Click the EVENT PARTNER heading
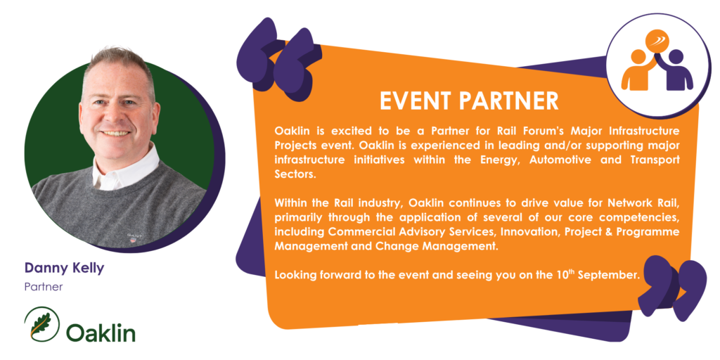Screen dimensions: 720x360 [x=469, y=101]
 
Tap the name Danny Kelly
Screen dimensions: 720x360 [x=64, y=268]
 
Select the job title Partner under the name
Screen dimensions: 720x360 [x=44, y=288]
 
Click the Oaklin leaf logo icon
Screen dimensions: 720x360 [x=41, y=323]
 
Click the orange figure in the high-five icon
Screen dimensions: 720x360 [x=638, y=70]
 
